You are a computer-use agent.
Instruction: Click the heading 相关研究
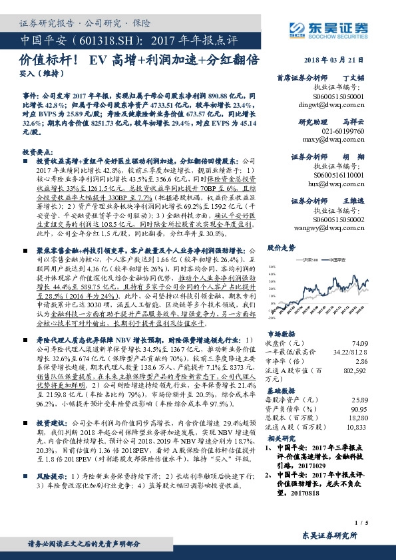point(280,440)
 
